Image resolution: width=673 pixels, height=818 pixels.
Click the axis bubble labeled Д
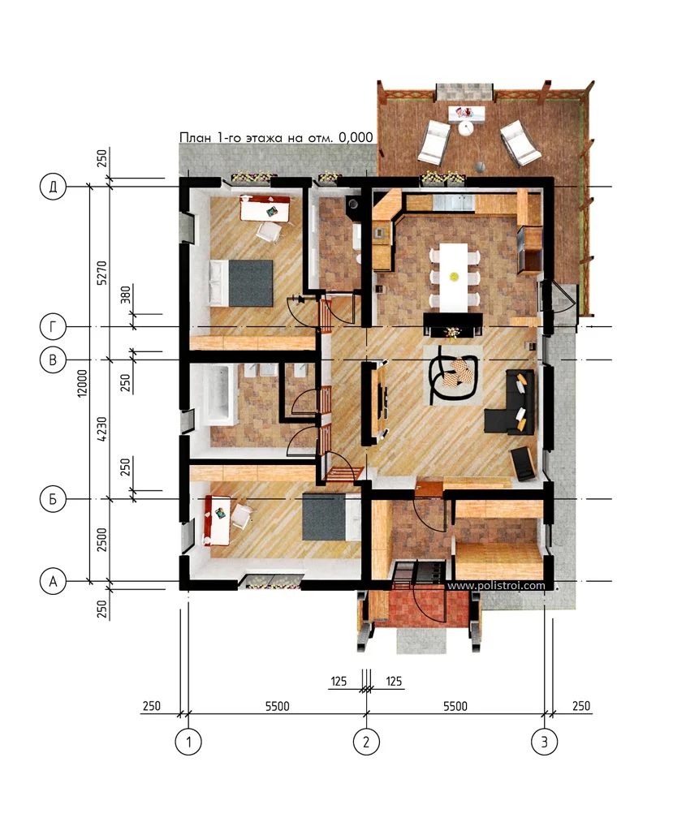[54, 187]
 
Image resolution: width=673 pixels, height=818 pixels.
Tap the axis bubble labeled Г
[54, 326]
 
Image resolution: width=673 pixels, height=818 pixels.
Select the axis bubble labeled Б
[54, 499]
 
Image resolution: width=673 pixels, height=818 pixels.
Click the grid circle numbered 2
[366, 742]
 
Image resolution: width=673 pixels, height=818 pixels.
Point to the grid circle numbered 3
[544, 742]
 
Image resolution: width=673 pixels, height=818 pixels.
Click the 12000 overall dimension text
[82, 383]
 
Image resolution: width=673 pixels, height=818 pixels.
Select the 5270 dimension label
[101, 273]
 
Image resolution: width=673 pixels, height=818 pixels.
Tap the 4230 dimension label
[101, 429]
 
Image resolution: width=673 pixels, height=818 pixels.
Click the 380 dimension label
[125, 295]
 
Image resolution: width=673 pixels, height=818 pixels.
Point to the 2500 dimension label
[101, 540]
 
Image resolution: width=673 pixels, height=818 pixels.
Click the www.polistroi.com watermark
[496, 585]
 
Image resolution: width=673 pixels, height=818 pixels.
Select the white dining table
[453, 277]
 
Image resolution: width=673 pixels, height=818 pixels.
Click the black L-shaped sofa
[511, 402]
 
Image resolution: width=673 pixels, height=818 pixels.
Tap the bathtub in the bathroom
[219, 392]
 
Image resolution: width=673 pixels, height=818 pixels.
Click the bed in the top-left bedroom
[241, 283]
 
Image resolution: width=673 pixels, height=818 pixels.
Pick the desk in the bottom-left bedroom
[218, 520]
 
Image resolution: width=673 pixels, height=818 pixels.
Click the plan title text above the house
[277, 137]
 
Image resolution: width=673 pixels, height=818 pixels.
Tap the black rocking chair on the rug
[453, 373]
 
